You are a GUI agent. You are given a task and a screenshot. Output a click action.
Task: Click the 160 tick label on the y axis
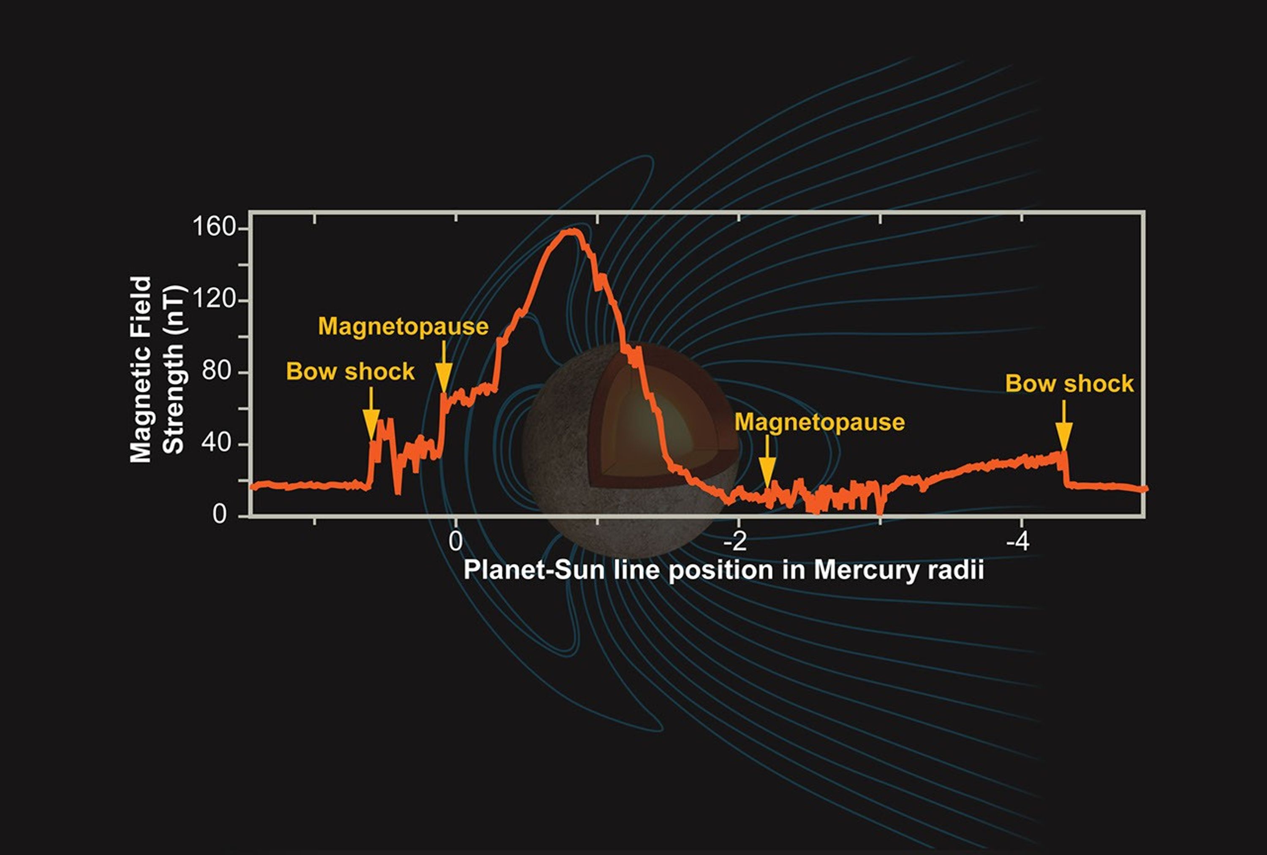coord(214,227)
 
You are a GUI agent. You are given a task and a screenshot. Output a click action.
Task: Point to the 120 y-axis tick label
coord(214,299)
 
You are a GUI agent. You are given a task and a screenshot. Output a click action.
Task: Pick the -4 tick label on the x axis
coord(1017,542)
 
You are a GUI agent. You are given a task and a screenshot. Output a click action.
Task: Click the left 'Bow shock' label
coord(350,372)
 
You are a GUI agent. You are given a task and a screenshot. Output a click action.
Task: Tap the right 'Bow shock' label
coord(1069,384)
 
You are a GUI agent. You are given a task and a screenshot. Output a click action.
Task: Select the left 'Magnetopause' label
coord(403,326)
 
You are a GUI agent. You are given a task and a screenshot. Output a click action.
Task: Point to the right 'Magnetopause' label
coord(819,422)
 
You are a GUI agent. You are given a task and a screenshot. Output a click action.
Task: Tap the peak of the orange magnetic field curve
coord(570,231)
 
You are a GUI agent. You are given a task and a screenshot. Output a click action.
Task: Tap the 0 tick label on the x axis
coord(455,542)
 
